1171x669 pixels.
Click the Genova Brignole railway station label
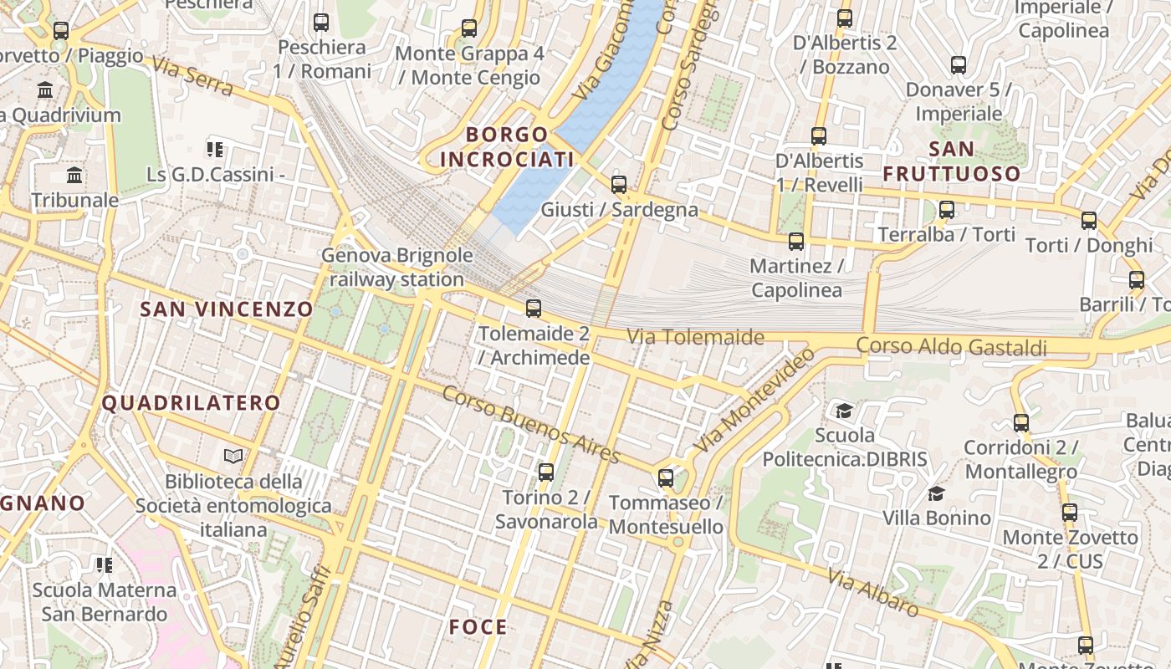[x=397, y=268]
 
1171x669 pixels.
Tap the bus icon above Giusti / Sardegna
[x=619, y=185]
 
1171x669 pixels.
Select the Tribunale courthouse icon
[x=74, y=176]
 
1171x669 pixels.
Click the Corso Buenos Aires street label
[x=531, y=425]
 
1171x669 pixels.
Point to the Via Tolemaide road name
[x=696, y=337]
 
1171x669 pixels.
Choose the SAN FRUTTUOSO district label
[x=952, y=161]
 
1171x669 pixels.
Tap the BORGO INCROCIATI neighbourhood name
[x=508, y=146]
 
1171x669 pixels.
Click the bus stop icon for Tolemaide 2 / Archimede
[x=534, y=309]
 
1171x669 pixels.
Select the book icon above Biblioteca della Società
[x=233, y=457]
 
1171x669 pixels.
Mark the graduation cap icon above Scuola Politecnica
[x=844, y=411]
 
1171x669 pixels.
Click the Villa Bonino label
[x=937, y=518]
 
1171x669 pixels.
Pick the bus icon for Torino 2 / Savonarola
[x=546, y=472]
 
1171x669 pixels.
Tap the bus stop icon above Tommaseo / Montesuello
[x=666, y=478]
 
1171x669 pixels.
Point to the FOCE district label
[x=478, y=627]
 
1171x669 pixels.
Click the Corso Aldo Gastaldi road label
[x=951, y=346]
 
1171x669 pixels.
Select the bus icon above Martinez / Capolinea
[x=796, y=242]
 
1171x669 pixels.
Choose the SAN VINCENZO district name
[x=226, y=309]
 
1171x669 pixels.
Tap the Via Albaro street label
[x=872, y=592]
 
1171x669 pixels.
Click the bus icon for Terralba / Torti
[x=947, y=210]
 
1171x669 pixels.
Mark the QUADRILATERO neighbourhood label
[x=191, y=403]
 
